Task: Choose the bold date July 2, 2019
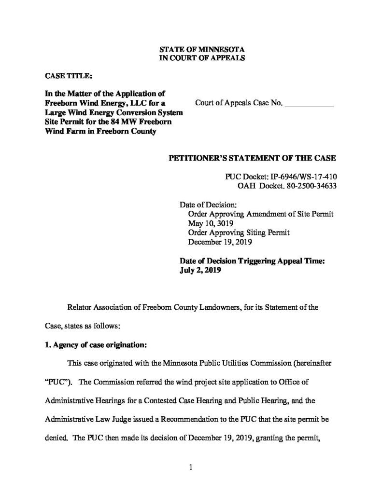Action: pos(200,271)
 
